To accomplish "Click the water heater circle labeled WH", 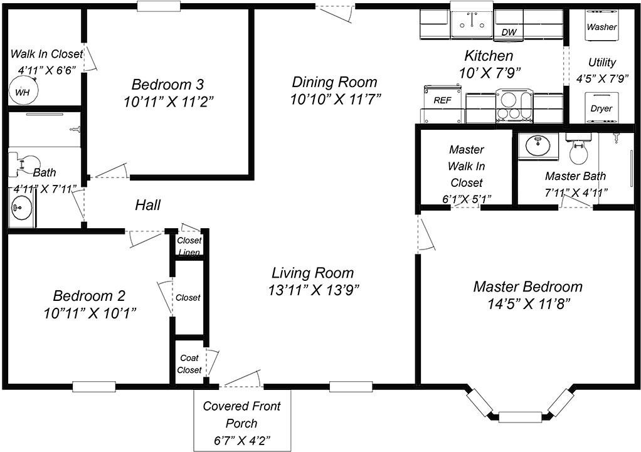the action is click(23, 91).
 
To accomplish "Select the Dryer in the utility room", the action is click(601, 108).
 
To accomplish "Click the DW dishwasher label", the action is click(509, 33).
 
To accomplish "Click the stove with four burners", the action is click(514, 105).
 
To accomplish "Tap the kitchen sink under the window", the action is click(472, 24).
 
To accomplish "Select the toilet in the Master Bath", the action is click(578, 147).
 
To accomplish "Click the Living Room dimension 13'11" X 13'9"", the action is click(314, 290).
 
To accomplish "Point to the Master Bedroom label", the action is click(527, 286).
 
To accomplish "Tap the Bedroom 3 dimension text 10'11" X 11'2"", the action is click(169, 102).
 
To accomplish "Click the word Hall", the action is click(147, 205).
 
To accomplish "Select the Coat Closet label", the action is click(189, 364).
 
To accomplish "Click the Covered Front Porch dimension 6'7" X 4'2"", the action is click(242, 441).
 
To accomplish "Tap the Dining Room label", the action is click(334, 81).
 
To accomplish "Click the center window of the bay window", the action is click(520, 417).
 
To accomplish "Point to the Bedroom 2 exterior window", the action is click(94, 387).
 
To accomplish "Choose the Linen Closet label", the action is click(189, 246).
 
